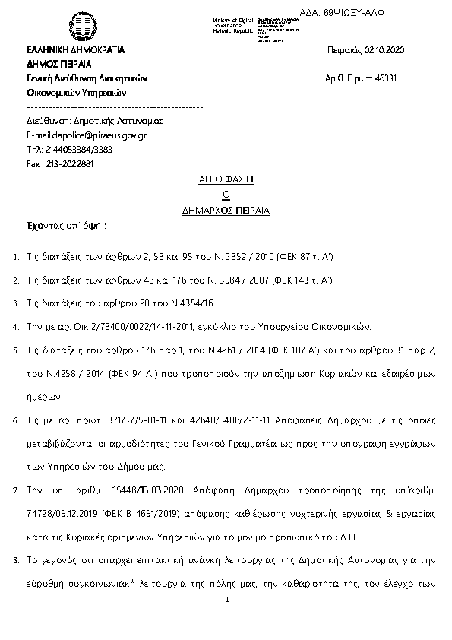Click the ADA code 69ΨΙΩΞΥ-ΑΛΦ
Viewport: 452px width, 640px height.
point(392,14)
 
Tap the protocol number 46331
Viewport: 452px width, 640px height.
point(385,78)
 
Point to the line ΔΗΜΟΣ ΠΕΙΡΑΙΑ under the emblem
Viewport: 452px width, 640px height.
point(58,64)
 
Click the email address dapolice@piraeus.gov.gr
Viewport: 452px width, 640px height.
point(97,135)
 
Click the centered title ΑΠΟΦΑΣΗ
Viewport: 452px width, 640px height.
point(226,179)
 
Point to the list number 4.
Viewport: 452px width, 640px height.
point(16,327)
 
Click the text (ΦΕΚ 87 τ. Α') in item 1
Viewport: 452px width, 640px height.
point(303,259)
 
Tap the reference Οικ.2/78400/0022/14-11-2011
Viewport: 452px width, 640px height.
point(126,327)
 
